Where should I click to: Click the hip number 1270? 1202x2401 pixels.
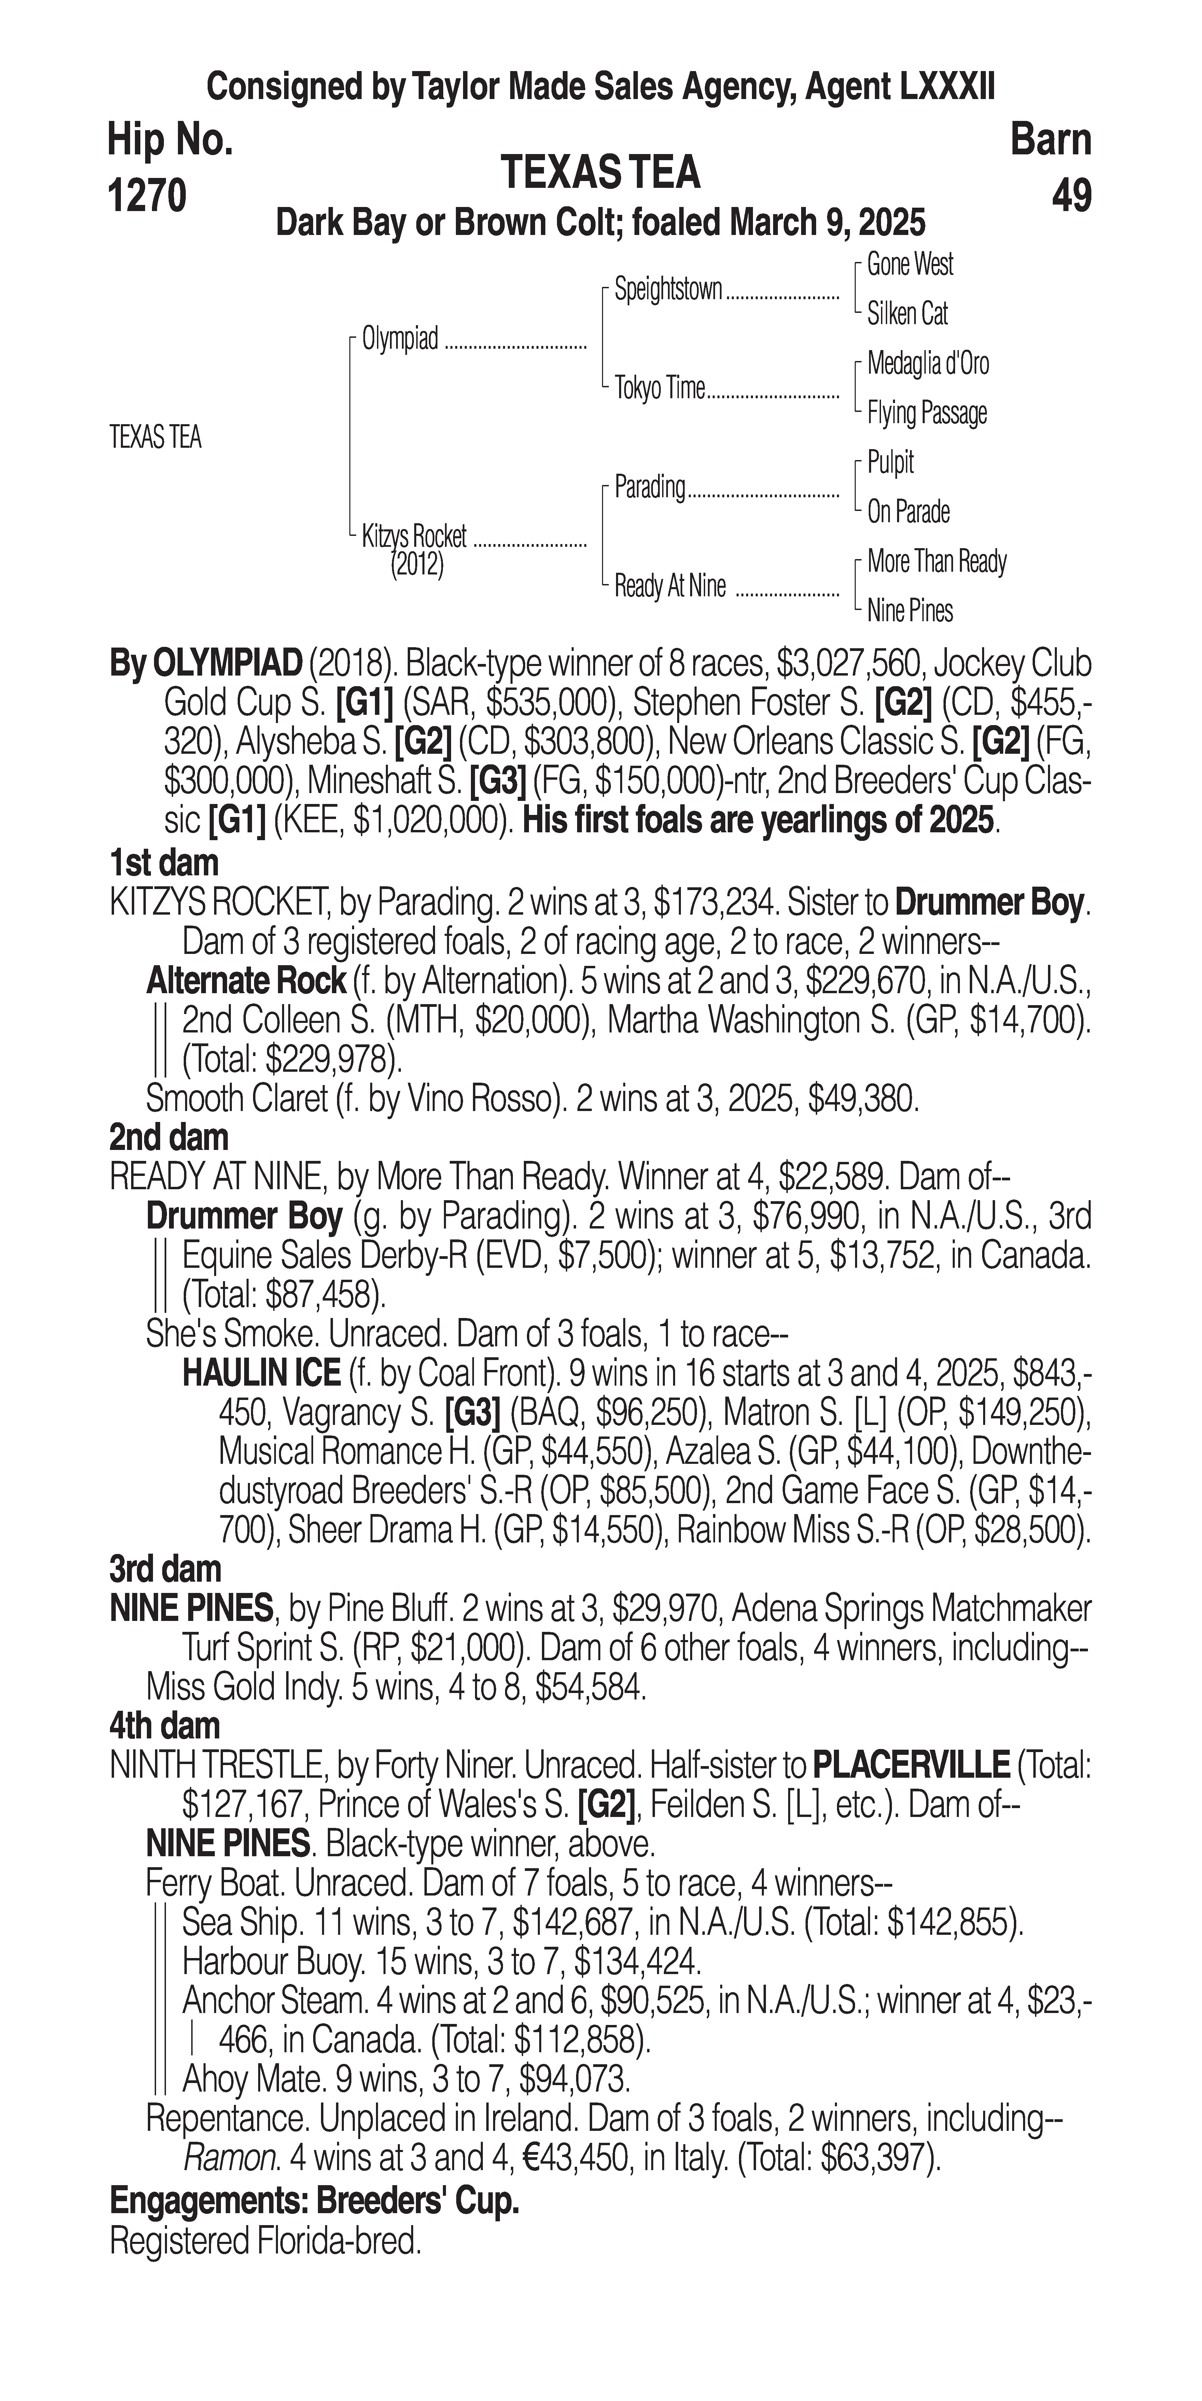click(147, 196)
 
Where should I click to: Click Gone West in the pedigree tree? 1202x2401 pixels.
click(909, 265)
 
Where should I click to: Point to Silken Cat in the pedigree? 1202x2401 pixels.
click(907, 314)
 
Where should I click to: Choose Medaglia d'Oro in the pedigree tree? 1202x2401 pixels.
click(927, 363)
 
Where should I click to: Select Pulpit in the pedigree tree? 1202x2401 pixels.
click(890, 462)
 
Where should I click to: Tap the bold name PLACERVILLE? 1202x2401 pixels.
click(910, 1764)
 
